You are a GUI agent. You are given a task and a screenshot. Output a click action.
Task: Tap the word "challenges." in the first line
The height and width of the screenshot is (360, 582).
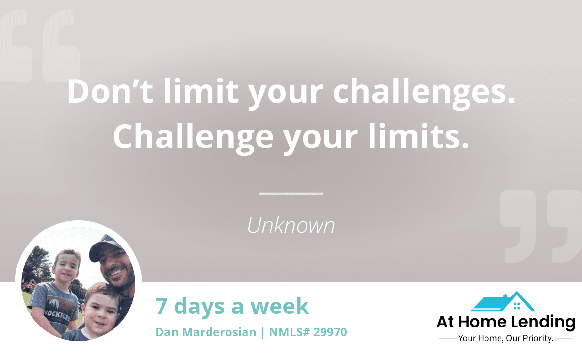[x=424, y=94]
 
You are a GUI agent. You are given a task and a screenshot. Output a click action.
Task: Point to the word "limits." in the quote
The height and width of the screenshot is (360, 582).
[x=419, y=136]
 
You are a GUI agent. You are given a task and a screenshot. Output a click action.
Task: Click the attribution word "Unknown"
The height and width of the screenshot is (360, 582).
[x=291, y=225]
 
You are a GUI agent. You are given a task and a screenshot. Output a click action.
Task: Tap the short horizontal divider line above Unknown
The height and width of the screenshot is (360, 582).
[x=291, y=194]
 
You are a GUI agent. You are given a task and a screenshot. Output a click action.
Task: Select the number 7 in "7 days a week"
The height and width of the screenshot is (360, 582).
[x=162, y=306]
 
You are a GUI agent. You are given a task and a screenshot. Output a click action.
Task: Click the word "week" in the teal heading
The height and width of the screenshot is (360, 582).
[x=279, y=306]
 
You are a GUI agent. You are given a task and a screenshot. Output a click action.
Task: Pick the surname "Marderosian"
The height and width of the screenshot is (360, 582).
[x=219, y=332]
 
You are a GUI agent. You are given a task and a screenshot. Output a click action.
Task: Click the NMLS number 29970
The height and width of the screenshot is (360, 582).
[x=330, y=332]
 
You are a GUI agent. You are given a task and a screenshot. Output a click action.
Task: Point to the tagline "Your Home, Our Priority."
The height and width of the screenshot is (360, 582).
[x=505, y=339]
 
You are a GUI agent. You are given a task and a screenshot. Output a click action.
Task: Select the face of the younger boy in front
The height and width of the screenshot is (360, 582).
[x=100, y=313]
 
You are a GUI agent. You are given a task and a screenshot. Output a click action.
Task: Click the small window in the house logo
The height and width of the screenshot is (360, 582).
[x=517, y=306]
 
